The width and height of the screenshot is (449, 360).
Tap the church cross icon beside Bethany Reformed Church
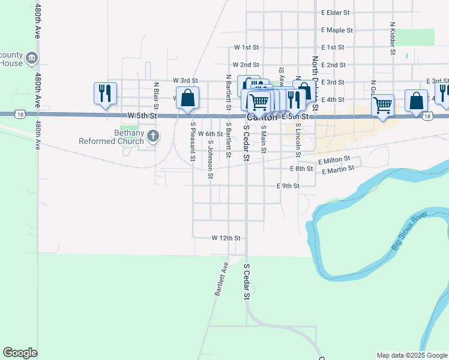153,136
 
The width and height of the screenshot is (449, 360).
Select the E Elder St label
336,12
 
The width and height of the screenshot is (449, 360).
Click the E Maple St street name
337,29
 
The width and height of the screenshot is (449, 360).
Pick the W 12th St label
226,238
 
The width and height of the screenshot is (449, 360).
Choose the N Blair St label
155,96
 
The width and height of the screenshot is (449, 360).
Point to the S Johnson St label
211,160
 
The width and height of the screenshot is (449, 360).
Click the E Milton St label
334,161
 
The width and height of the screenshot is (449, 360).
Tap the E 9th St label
288,186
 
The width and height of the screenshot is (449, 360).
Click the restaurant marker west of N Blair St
106,94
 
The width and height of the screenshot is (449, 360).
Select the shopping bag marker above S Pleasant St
187,98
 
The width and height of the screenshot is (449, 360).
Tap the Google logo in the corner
20,353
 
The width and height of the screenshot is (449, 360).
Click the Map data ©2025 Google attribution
412,355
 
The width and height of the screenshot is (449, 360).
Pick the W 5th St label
142,115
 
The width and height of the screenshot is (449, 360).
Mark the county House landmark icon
32,58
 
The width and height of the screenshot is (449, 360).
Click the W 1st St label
246,47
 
